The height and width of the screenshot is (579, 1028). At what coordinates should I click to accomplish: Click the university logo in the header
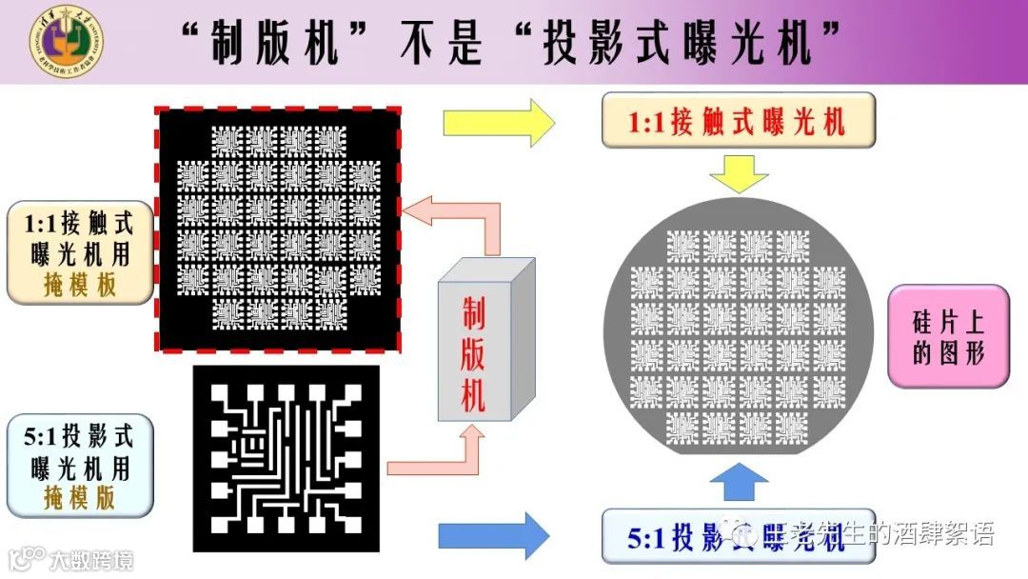66,40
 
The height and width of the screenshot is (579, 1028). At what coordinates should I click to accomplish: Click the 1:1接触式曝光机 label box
738,121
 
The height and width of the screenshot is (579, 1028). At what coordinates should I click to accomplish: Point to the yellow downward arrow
739,174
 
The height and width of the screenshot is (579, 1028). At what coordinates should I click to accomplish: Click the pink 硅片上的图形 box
947,336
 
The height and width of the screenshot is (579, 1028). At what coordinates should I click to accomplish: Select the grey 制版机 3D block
484,343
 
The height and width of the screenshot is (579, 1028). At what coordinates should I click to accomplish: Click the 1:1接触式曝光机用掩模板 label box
80,252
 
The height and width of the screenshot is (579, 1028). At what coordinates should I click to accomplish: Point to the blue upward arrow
740,481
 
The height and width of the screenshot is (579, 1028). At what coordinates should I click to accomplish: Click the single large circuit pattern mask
287,458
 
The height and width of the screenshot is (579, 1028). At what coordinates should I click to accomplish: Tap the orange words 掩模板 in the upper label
80,285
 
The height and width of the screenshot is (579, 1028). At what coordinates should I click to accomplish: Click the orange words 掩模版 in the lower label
80,497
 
